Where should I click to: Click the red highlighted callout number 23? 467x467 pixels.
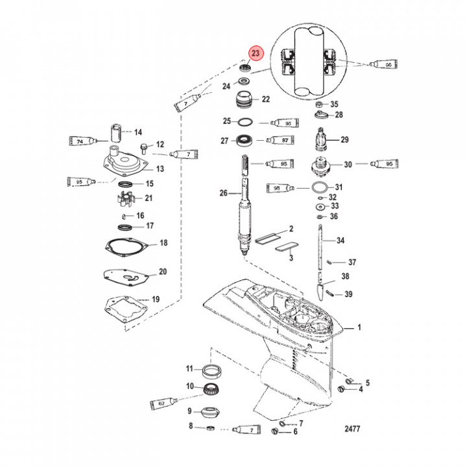pyautogui.click(x=256, y=53)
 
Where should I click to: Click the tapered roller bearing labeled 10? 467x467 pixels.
pyautogui.click(x=210, y=390)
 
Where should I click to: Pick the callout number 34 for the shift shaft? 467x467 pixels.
pyautogui.click(x=341, y=241)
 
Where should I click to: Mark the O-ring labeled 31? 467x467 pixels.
pyautogui.click(x=319, y=187)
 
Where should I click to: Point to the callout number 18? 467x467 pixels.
pyautogui.click(x=163, y=243)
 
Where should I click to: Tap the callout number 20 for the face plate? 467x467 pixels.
pyautogui.click(x=163, y=272)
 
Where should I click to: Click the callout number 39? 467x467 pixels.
pyautogui.click(x=348, y=294)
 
